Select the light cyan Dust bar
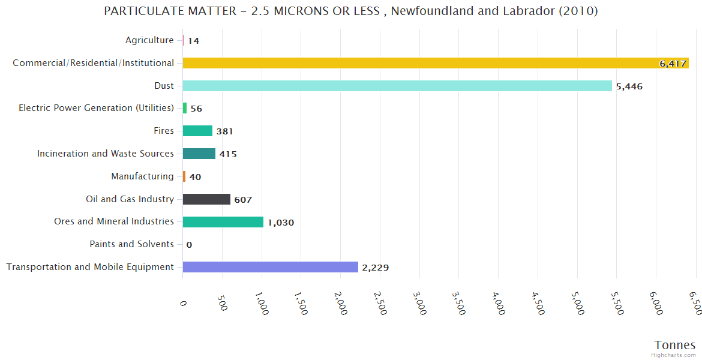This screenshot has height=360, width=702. [x=397, y=86]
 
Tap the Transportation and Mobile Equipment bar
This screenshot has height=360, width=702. [x=270, y=267]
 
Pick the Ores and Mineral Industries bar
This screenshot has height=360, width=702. [x=223, y=222]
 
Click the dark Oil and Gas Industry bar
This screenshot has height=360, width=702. [x=206, y=199]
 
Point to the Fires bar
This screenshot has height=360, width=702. [x=197, y=131]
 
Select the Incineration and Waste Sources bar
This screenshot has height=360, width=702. [x=199, y=154]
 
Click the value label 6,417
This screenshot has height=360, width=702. [x=673, y=64]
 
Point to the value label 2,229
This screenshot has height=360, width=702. [x=375, y=268]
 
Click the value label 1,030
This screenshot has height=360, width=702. [x=281, y=223]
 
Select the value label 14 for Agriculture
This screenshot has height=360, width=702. [x=193, y=41]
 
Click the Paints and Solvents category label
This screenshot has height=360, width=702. [x=131, y=244]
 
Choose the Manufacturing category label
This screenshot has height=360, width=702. [x=142, y=176]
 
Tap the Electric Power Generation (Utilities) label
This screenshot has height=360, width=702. [x=96, y=108]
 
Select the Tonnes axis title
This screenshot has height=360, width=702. [x=674, y=345]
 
